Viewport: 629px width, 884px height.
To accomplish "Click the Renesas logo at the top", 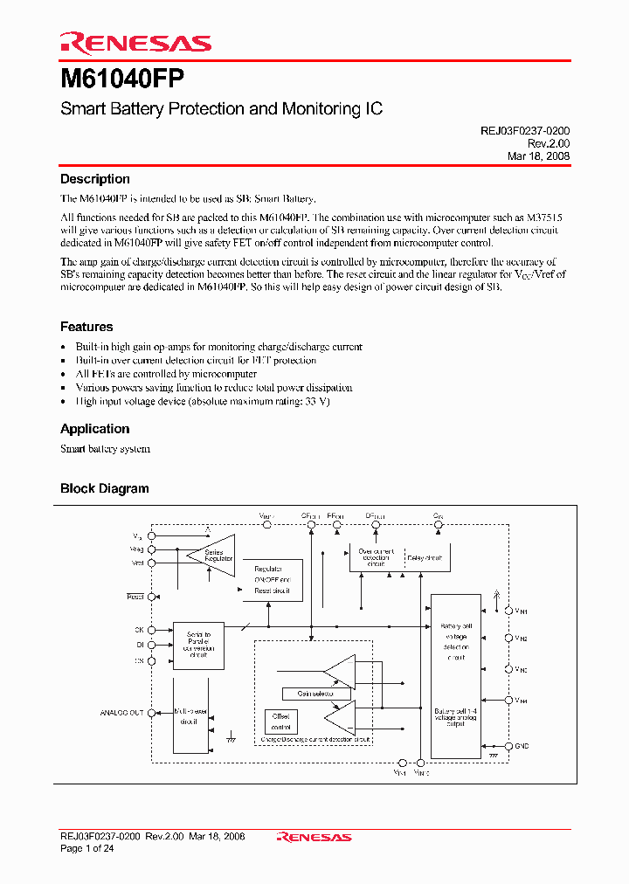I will point(135,43).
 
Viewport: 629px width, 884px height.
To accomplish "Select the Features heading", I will point(86,327).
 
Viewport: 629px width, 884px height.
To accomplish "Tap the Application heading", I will point(94,429).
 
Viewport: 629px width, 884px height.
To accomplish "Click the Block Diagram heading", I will point(104,488).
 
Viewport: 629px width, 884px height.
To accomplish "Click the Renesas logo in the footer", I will point(314,837).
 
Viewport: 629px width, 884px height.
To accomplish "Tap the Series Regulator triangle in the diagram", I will point(213,556).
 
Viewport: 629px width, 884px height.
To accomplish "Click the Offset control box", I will point(280,722).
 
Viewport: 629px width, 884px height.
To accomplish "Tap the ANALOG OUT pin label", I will point(121,713).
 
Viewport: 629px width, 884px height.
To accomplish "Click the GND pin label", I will point(522,746).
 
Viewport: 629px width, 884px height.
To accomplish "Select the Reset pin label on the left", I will point(135,597).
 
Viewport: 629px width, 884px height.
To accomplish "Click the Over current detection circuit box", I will point(376,556).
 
